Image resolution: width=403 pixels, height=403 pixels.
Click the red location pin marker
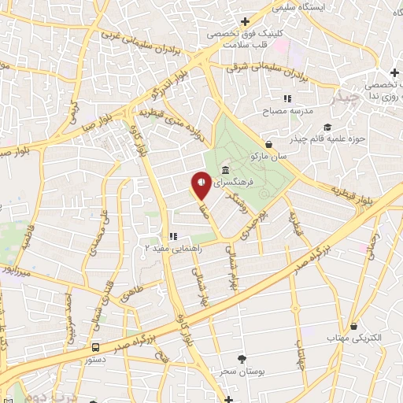click(x=201, y=184)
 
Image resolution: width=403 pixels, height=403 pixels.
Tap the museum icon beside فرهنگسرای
click(x=226, y=171)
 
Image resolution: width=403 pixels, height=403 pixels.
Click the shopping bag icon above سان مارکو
click(x=269, y=145)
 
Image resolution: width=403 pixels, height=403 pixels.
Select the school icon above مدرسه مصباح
click(x=288, y=99)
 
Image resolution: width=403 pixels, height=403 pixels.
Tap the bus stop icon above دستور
click(x=95, y=346)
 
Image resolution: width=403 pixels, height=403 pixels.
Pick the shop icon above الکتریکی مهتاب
click(x=354, y=326)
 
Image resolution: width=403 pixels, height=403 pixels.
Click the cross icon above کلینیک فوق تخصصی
click(x=245, y=21)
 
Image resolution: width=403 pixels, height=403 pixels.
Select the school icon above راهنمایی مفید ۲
click(x=175, y=235)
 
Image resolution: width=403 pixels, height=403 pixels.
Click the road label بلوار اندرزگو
click(x=166, y=80)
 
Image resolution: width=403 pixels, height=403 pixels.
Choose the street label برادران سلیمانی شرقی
click(x=266, y=69)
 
